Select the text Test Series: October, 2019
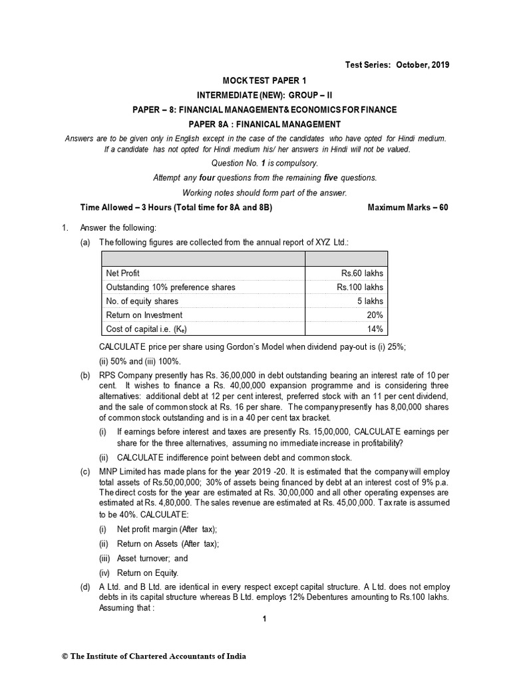[397, 65]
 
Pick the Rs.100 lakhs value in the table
[359, 287]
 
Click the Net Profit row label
[122, 273]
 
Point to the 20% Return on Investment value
[375, 315]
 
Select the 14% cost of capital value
[375, 329]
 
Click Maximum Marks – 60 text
[409, 207]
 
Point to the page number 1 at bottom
[265, 619]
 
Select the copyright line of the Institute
[154, 656]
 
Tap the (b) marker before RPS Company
[85, 375]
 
